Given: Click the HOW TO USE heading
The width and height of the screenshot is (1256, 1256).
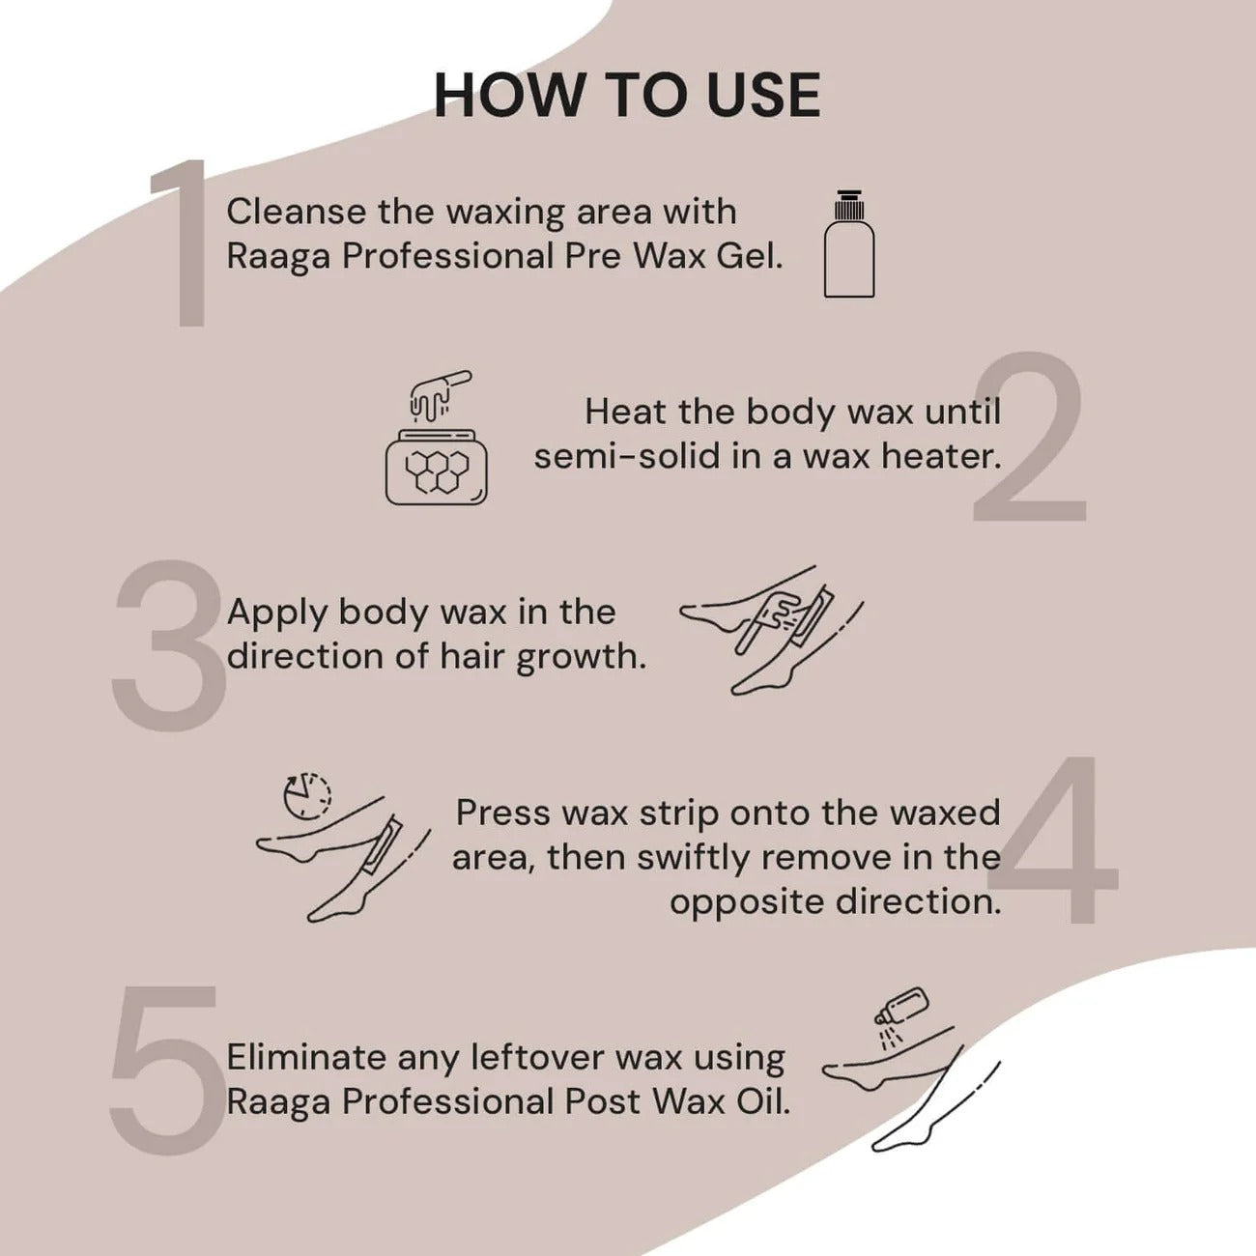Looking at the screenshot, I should coord(627,95).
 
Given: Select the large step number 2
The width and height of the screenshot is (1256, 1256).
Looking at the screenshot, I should coord(1030,439).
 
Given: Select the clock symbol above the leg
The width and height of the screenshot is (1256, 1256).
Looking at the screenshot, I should coord(306,795).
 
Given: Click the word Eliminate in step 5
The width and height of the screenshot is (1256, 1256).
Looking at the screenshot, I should coord(305,1057).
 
